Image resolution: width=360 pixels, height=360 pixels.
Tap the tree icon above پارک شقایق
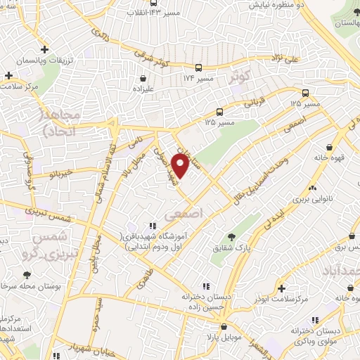(233, 238)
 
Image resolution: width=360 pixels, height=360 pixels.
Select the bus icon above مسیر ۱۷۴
(199, 67)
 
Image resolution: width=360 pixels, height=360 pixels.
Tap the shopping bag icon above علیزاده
(144, 89)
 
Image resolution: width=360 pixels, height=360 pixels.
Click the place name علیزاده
(144, 100)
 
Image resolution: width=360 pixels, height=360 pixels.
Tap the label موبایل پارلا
(224, 339)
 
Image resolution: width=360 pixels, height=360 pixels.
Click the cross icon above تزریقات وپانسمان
(44, 50)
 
